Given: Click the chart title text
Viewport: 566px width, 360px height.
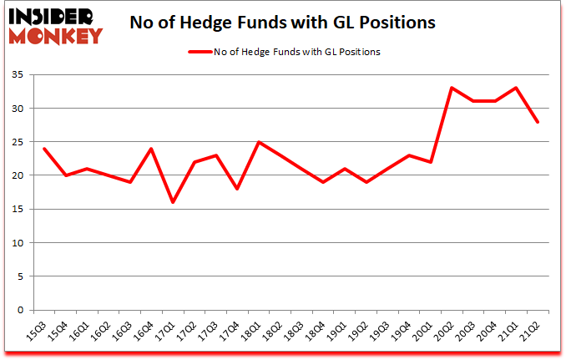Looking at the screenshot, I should [282, 23].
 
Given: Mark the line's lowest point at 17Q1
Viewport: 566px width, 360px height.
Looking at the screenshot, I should [172, 202].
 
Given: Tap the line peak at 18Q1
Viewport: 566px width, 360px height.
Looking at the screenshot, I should [259, 142].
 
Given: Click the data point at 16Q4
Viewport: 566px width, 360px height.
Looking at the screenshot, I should [151, 149].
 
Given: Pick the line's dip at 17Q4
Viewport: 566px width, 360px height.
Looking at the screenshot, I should [237, 189].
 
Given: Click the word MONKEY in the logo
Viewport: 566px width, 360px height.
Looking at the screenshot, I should [55, 35].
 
